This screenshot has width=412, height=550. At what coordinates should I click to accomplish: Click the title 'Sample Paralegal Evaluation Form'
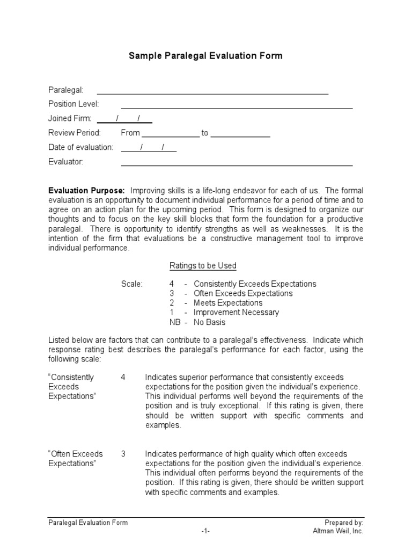point(205,56)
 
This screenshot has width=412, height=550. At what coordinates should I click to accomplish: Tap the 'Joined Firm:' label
point(70,118)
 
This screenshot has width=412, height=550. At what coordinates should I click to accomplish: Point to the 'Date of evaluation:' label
point(81,147)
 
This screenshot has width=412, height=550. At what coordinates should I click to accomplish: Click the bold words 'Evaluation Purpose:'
point(87,190)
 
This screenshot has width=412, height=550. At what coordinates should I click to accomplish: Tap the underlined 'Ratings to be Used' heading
point(203,266)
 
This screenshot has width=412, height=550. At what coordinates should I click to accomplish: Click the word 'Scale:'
point(132,284)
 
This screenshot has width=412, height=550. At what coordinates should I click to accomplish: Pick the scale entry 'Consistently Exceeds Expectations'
point(255,284)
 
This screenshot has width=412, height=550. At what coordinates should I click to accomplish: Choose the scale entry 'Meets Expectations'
point(228,303)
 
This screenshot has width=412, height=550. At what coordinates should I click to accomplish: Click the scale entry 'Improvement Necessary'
point(236,313)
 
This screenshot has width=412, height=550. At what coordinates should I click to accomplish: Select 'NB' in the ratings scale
point(174,322)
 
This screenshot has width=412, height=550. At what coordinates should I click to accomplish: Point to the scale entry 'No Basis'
point(210,322)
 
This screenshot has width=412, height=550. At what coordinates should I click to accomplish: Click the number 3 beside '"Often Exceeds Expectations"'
point(123,454)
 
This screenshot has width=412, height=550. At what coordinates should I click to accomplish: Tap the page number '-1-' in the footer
point(206,531)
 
